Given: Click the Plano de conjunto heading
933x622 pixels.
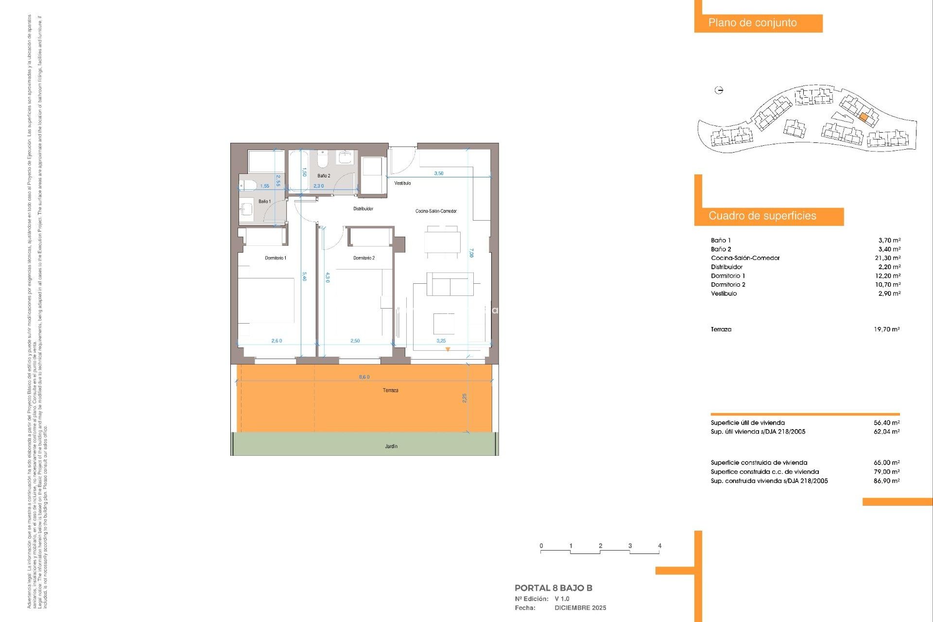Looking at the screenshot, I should (752, 23).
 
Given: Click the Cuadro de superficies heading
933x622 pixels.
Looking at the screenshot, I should (762, 216).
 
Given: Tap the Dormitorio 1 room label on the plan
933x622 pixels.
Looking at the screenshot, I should (276, 258).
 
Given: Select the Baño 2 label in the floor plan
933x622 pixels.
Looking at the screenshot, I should (324, 176).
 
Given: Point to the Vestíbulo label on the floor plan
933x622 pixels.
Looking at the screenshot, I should (402, 183).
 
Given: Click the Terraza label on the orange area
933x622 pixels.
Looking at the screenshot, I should (390, 390).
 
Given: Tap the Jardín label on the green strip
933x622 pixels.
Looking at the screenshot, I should (391, 446).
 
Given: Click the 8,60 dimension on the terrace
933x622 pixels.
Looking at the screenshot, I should (364, 377).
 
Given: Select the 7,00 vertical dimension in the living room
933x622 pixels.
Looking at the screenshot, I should (471, 253).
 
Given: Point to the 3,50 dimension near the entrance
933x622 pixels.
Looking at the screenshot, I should (438, 173).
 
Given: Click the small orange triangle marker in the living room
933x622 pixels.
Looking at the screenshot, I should (448, 349).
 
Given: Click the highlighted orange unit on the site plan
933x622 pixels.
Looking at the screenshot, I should (864, 117).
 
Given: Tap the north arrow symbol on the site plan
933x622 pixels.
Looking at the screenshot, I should (719, 90).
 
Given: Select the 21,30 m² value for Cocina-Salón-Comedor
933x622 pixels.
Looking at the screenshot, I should (887, 258).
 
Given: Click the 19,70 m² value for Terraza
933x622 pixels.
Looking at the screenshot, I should (886, 329).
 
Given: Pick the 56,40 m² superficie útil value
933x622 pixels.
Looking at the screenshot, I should (886, 423).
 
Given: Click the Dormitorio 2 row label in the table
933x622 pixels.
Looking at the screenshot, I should (728, 285).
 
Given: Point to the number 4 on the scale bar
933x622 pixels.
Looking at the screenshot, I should (659, 546).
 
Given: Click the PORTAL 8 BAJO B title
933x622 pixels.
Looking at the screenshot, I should (553, 588).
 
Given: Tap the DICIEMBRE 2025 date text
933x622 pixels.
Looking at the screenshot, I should (580, 608).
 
